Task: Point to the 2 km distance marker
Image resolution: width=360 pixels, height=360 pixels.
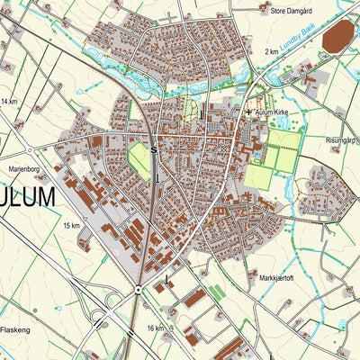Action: click(x=272, y=52)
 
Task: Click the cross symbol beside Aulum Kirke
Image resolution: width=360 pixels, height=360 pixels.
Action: click(x=248, y=111)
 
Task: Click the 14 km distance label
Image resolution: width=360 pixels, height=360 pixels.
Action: click(x=9, y=103)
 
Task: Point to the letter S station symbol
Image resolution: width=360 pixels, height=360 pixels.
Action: click(x=155, y=149)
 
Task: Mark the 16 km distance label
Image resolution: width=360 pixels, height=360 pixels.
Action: click(x=155, y=328)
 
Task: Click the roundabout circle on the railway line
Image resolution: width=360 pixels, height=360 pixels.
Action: click(x=137, y=290)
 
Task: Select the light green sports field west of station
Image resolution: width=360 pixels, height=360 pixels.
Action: click(x=139, y=157)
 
